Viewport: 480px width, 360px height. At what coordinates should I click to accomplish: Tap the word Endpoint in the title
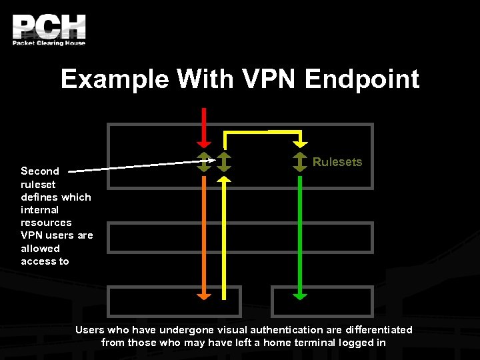click(x=362, y=79)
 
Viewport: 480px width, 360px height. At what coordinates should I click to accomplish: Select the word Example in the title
click(x=115, y=79)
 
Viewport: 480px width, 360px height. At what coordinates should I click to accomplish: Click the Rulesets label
click(x=337, y=162)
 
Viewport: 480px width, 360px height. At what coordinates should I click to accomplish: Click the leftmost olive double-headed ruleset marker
click(x=205, y=162)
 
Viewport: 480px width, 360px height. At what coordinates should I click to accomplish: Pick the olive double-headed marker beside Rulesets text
click(x=301, y=162)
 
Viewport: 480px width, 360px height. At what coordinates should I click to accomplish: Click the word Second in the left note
click(x=40, y=171)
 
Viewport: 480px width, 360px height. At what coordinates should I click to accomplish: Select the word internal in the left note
click(x=39, y=209)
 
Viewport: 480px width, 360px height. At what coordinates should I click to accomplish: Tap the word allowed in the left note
click(x=40, y=248)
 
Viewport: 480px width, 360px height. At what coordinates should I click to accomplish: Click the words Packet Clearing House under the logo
click(x=49, y=43)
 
